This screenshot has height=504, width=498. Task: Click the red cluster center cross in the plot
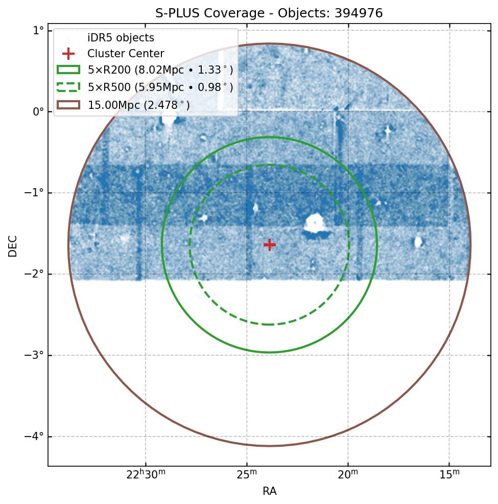tap(270, 245)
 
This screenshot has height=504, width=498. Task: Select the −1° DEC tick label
tap(35, 193)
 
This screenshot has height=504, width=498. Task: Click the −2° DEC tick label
tap(35, 274)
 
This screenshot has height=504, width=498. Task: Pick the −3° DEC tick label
tap(35, 355)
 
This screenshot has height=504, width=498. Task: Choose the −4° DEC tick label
tap(35, 437)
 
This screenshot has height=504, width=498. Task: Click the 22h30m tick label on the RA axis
tap(146, 474)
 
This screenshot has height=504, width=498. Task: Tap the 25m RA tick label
tap(247, 474)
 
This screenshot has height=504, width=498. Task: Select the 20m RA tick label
tap(348, 474)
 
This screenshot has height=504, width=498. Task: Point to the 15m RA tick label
tap(449, 474)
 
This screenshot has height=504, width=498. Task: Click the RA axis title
tap(270, 491)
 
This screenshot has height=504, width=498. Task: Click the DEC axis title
tap(12, 245)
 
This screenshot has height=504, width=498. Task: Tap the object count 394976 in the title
tap(359, 13)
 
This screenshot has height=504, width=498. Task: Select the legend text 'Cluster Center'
tap(126, 54)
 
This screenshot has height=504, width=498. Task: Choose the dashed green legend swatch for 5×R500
tap(68, 87)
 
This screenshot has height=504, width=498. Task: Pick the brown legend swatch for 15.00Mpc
tap(68, 104)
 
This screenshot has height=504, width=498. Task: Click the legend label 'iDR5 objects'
tap(121, 38)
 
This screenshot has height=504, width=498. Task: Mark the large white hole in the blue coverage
tap(315, 223)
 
